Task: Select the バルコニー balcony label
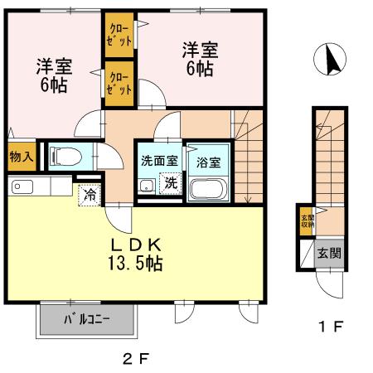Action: [85, 318]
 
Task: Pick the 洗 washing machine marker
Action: [170, 183]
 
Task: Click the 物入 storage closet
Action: [22, 156]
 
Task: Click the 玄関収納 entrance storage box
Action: [307, 222]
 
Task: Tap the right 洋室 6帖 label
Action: [198, 60]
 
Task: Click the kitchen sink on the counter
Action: [22, 187]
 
